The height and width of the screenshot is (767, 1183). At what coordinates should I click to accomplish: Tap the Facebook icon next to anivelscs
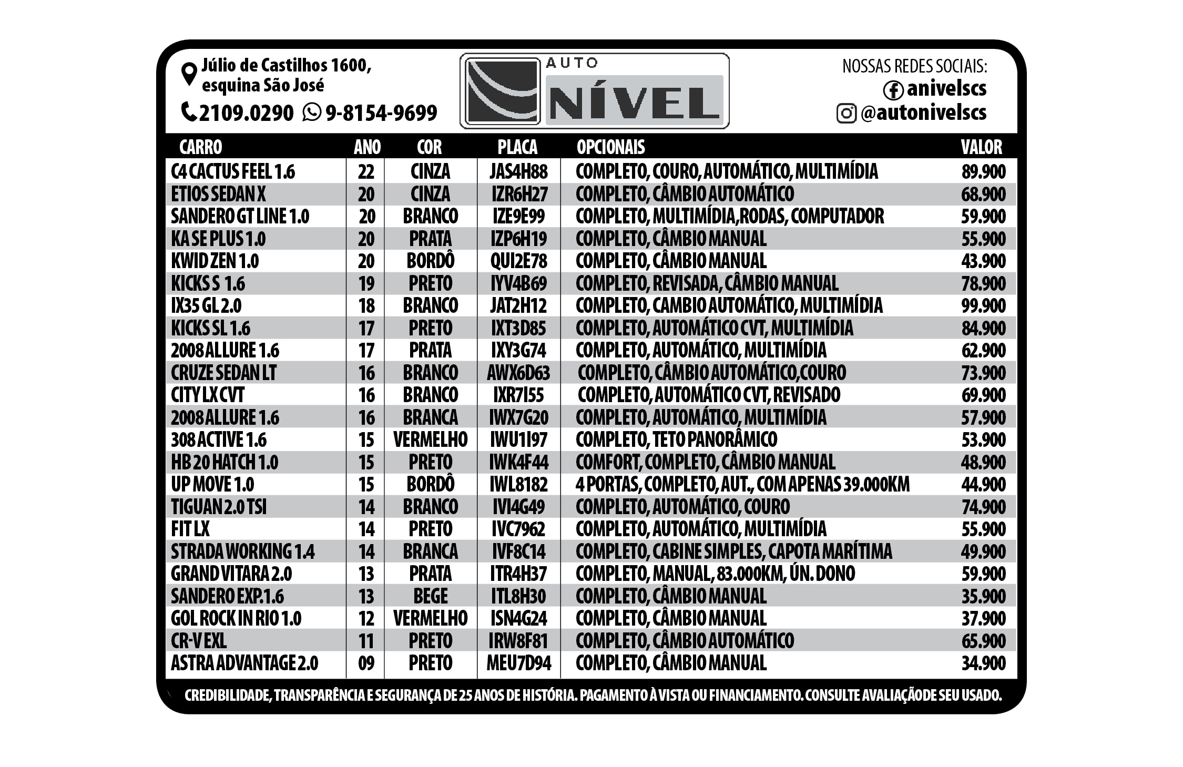893,90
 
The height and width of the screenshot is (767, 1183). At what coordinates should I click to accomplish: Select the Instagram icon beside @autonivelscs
846,113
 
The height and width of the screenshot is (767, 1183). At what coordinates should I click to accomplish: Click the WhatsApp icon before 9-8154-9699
311,112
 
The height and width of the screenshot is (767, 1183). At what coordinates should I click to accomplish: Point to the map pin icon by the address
188,74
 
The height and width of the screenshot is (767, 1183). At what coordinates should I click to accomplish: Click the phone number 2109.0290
246,113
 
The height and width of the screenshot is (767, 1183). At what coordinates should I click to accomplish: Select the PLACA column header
517,147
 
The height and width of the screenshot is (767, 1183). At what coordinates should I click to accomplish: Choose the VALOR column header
981,147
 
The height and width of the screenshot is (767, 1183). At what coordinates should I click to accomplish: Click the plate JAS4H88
518,171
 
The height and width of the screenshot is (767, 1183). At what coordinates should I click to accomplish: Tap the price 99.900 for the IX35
983,305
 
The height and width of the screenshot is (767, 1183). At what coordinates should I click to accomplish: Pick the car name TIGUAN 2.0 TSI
219,507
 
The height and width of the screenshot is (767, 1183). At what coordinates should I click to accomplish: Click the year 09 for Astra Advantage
366,663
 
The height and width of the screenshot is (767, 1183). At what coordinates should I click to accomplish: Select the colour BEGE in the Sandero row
430,596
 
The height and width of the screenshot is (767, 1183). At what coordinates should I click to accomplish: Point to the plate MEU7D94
518,663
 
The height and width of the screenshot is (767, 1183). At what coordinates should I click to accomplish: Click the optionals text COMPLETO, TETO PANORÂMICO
676,439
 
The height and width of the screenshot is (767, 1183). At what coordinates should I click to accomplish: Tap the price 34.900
983,663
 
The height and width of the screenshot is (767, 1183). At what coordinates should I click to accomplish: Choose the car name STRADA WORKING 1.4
242,551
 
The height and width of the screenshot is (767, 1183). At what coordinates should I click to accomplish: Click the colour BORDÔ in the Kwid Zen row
430,261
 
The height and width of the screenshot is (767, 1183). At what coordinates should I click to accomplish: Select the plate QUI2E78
518,261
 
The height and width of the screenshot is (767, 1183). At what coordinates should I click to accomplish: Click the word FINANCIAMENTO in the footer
756,696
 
